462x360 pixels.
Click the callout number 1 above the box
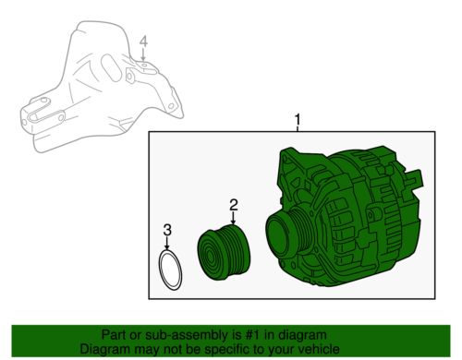pyautogui.click(x=298, y=119)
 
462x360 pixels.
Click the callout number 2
pyautogui.click(x=234, y=205)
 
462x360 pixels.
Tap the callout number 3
pyautogui.click(x=167, y=230)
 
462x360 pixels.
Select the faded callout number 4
pyautogui.click(x=143, y=42)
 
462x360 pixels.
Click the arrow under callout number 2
pyautogui.click(x=234, y=218)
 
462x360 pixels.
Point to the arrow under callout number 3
pyautogui.click(x=167, y=243)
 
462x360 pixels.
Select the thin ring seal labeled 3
pyautogui.click(x=170, y=270)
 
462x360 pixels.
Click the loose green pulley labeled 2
pyautogui.click(x=224, y=252)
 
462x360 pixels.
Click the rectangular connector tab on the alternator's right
pyautogui.click(x=414, y=179)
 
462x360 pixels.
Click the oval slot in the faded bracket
pyautogui.click(x=111, y=68)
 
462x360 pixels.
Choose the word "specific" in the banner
pyautogui.click(x=225, y=350)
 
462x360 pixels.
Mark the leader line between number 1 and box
pyautogui.click(x=298, y=128)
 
